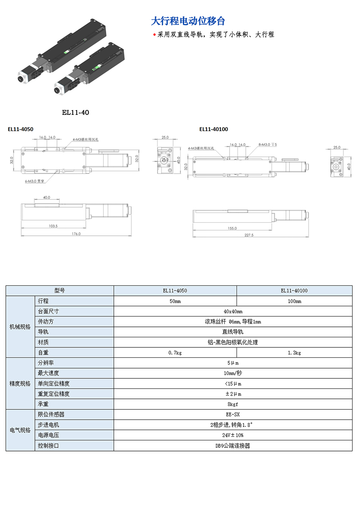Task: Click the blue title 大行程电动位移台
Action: [x=188, y=21]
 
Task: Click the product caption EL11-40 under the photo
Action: [x=75, y=112]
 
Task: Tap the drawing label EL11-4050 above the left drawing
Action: [x=21, y=129]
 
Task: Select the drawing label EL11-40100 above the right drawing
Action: [x=213, y=129]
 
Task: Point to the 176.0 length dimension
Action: [x=76, y=234]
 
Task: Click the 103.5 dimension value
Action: [x=53, y=226]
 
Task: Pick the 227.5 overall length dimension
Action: [x=249, y=235]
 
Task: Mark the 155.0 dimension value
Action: [x=232, y=228]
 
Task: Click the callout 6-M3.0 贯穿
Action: [x=35, y=181]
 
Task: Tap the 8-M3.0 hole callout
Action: [x=267, y=145]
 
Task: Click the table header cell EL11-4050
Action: [x=175, y=290]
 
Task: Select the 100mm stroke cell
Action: [x=294, y=301]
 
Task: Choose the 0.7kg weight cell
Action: [x=175, y=353]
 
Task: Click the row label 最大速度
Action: [x=48, y=373]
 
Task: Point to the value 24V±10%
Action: [x=233, y=435]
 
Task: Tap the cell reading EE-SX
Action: [x=233, y=415]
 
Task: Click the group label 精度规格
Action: [x=20, y=384]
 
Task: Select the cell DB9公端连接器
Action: [x=233, y=446]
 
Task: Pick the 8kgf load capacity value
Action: [x=233, y=404]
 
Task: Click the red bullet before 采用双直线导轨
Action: [x=154, y=35]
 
